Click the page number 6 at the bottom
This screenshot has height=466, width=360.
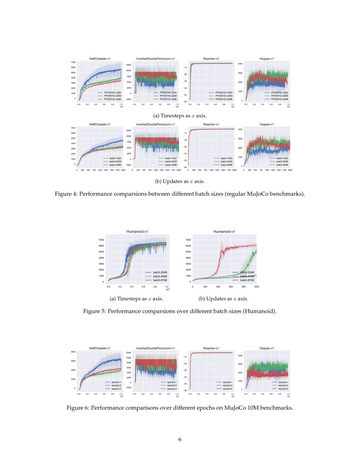coord(180,439)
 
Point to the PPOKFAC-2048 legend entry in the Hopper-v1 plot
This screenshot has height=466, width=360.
coord(278,95)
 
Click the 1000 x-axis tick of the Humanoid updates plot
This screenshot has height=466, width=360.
coord(256,287)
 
